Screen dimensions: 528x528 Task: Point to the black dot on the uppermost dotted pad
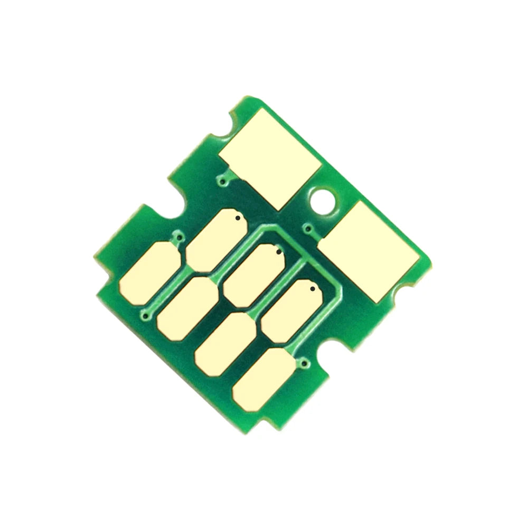(238, 218)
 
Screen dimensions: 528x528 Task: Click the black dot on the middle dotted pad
(279, 252)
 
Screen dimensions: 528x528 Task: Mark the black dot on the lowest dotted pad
(312, 289)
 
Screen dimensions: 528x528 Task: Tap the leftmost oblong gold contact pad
(149, 273)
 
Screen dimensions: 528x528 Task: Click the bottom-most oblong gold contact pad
(263, 379)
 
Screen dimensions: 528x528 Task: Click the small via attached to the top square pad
(224, 182)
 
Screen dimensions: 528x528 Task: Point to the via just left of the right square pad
(308, 228)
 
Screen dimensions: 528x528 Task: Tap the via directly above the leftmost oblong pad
(180, 239)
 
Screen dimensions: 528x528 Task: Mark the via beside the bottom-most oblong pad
(304, 363)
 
